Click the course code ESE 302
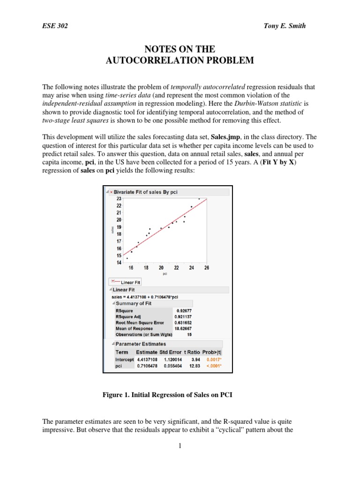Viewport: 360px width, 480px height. pyautogui.click(x=55, y=26)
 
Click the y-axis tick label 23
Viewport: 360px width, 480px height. pyautogui.click(x=119, y=199)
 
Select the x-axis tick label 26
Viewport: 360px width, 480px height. pyautogui.click(x=207, y=268)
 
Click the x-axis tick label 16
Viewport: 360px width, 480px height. pyautogui.click(x=131, y=268)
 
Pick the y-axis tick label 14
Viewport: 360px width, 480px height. pyautogui.click(x=119, y=262)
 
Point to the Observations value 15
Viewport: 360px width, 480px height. pyautogui.click(x=189, y=335)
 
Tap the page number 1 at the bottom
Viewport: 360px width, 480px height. pyautogui.click(x=180, y=445)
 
